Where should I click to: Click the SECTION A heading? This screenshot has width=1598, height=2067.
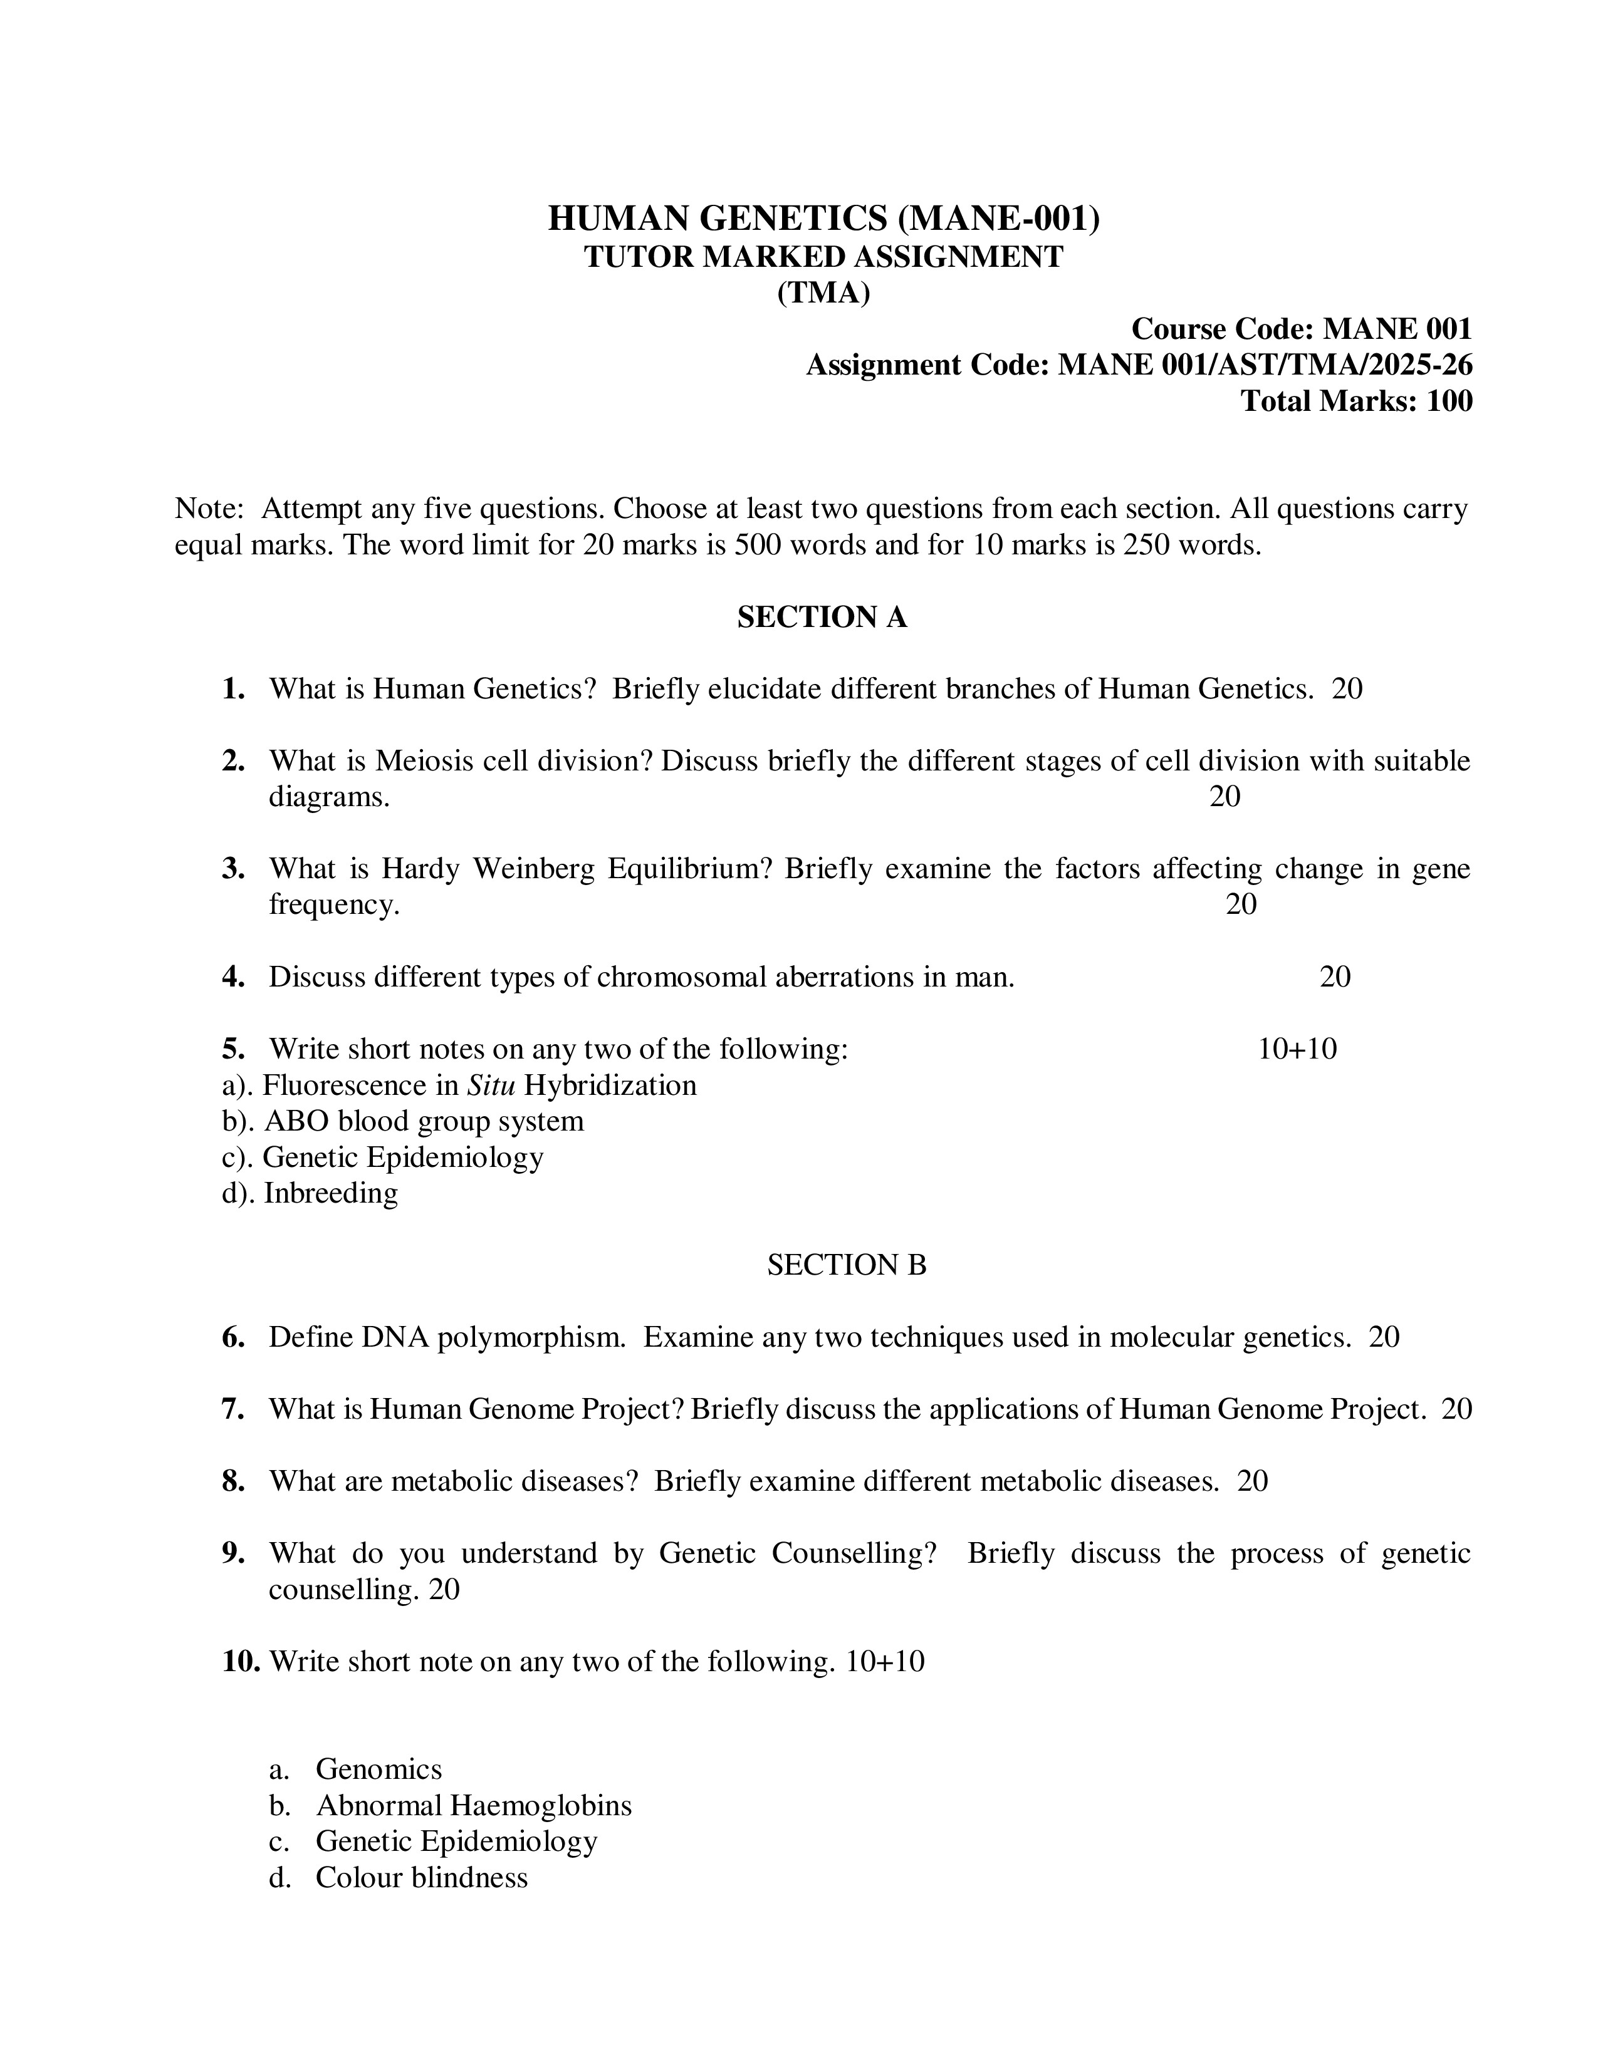coord(822,617)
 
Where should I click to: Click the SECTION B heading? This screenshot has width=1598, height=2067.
coord(847,1265)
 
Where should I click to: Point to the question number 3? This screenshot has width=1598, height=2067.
coord(233,869)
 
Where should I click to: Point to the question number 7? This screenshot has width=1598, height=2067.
coord(233,1409)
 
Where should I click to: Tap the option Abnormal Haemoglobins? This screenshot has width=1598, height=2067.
coord(473,1806)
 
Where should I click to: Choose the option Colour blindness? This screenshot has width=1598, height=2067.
coord(421,1878)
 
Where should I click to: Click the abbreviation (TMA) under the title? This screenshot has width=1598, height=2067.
coord(823,293)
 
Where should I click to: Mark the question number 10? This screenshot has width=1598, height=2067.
coord(241,1662)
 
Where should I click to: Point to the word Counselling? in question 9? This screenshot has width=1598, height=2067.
coord(854,1553)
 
